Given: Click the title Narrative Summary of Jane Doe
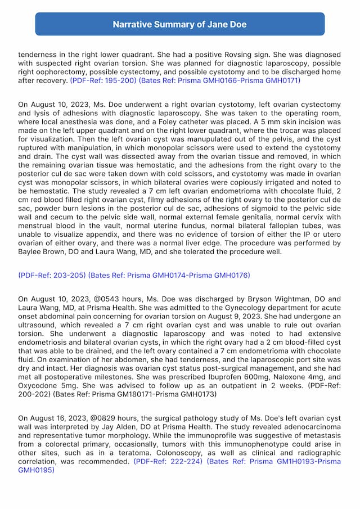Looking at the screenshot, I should click(179, 25).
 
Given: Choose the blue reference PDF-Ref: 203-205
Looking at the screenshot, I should click(51, 275).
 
